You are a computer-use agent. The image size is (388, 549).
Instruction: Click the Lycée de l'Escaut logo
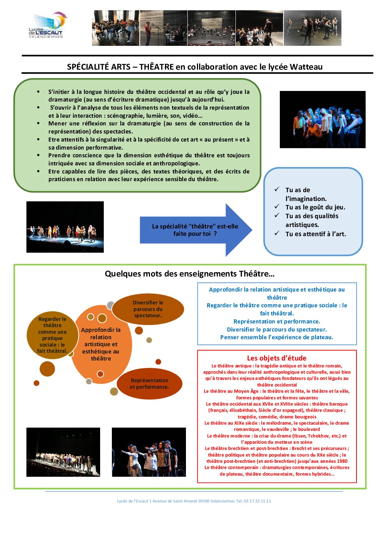(x=48, y=25)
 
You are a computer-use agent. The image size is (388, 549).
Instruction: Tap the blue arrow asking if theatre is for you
(x=196, y=230)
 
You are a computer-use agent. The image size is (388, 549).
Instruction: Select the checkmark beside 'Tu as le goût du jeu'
(x=277, y=206)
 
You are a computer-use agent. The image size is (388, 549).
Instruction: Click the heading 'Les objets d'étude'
(x=277, y=358)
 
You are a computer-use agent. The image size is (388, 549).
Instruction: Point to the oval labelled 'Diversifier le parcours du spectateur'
(x=148, y=309)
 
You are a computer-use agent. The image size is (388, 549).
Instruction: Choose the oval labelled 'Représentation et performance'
(x=149, y=384)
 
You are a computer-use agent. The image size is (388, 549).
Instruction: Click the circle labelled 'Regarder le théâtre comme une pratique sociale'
(x=52, y=335)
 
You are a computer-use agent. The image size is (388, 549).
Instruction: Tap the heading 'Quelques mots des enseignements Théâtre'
(x=190, y=274)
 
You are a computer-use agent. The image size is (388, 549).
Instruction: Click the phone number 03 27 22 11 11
(x=257, y=501)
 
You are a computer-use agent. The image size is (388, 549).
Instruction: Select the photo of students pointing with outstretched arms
(x=149, y=452)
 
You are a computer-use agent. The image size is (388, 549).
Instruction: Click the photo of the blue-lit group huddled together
(x=323, y=119)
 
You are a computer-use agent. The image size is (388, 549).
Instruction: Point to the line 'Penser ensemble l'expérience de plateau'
(x=277, y=337)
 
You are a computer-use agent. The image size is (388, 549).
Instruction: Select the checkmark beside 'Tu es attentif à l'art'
(x=277, y=233)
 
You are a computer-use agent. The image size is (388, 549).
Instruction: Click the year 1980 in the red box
(x=342, y=461)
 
